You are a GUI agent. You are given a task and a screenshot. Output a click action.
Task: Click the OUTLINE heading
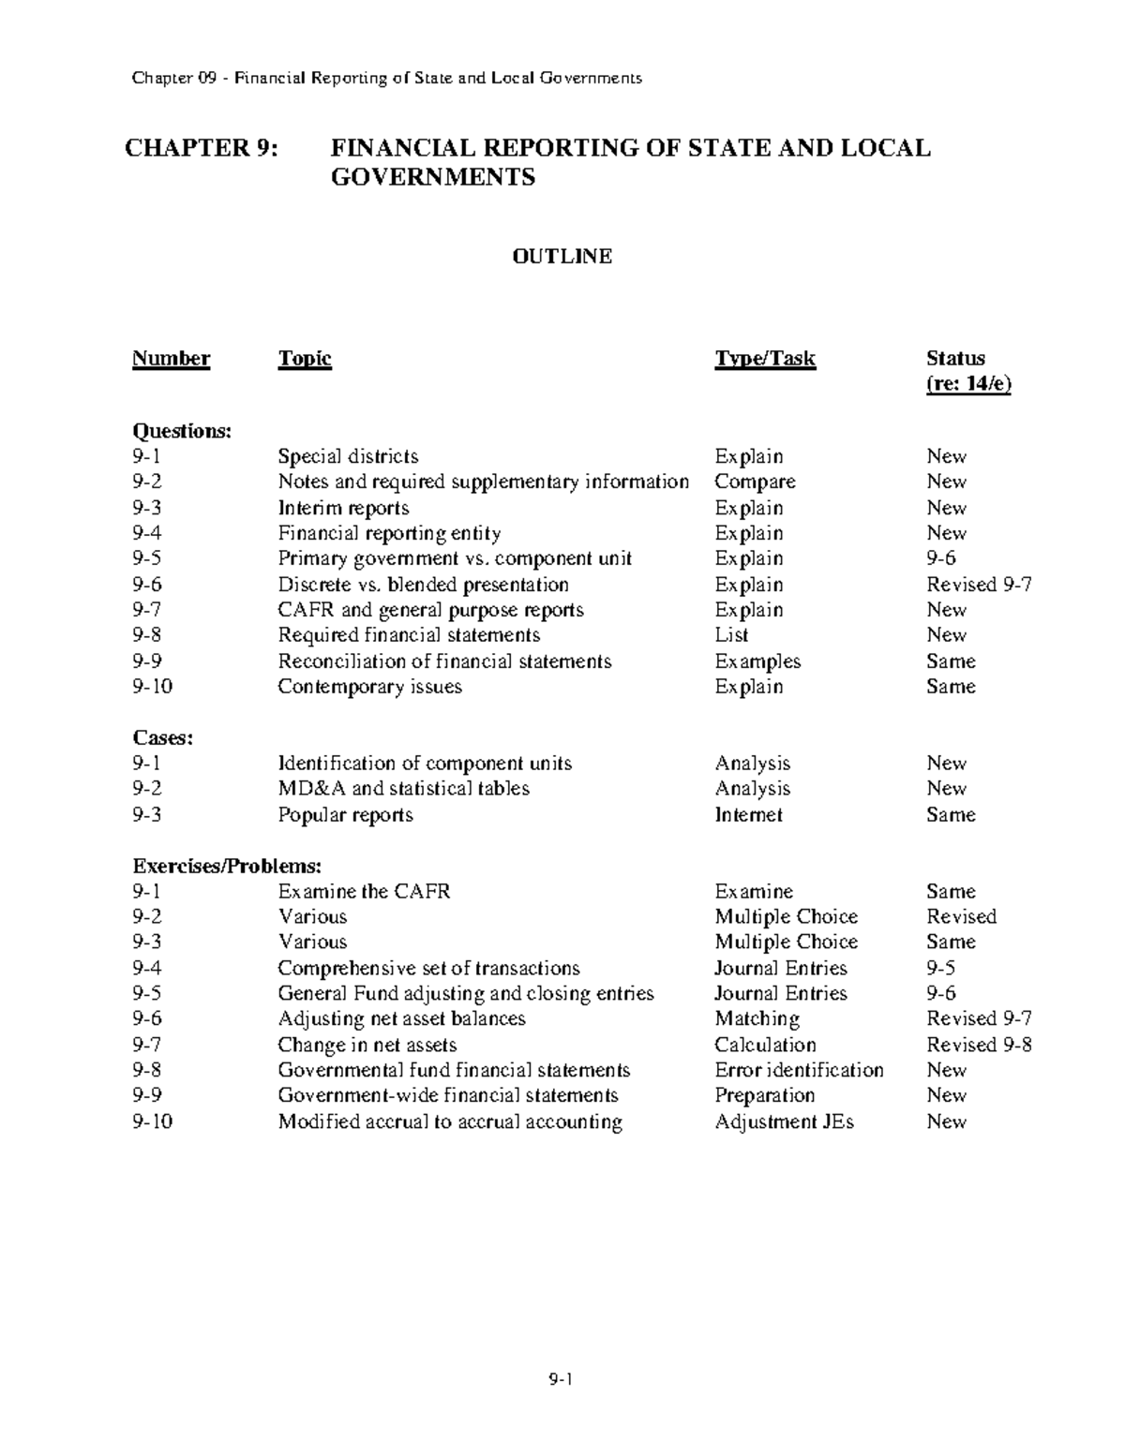click(562, 257)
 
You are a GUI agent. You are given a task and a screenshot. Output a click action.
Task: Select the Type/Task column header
click(764, 359)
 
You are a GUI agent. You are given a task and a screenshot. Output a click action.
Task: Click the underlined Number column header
click(171, 359)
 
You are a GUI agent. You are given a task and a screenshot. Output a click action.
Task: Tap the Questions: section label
click(181, 431)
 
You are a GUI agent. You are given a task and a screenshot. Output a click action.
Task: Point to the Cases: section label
click(162, 738)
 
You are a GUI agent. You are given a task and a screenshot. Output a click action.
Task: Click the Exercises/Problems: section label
click(226, 866)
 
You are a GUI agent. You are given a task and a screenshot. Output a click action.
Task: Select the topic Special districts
click(348, 457)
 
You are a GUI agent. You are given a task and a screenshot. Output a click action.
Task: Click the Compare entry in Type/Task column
click(755, 483)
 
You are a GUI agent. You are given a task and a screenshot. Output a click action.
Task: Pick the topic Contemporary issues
click(369, 687)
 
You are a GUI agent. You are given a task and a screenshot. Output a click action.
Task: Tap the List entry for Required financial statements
click(731, 635)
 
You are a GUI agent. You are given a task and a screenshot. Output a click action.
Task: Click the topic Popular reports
click(345, 815)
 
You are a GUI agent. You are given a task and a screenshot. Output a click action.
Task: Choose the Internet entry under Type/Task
click(748, 815)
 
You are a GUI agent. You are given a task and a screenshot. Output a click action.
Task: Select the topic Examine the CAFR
click(364, 892)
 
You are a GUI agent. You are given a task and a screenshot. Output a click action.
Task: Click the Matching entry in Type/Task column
click(757, 1019)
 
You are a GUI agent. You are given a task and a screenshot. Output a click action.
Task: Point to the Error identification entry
click(799, 1070)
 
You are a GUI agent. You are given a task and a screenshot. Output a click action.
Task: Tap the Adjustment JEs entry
click(784, 1121)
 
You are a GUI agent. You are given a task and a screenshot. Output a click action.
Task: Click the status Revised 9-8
click(979, 1045)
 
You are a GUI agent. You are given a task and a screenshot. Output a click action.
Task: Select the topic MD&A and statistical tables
click(403, 789)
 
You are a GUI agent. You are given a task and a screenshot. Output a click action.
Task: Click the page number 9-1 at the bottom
click(562, 1379)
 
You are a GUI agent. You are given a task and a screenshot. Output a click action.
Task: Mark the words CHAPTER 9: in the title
click(202, 148)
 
